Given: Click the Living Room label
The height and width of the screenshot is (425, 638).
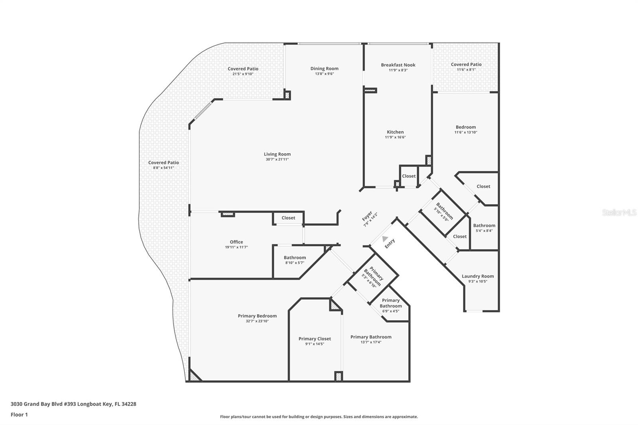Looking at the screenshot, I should pyautogui.click(x=277, y=154).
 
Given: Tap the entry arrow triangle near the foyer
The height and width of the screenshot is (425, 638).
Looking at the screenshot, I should pyautogui.click(x=385, y=239).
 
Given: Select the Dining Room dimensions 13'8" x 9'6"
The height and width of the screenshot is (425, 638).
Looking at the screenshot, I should pyautogui.click(x=324, y=74).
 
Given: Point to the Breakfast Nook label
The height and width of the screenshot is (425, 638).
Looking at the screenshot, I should pyautogui.click(x=398, y=65).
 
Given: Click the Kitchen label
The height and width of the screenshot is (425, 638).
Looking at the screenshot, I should pyautogui.click(x=395, y=132).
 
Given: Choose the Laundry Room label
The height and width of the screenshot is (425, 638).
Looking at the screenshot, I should pyautogui.click(x=478, y=276).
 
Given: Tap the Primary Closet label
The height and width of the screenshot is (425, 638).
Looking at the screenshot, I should pyautogui.click(x=315, y=339).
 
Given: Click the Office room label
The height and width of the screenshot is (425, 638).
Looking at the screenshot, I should pyautogui.click(x=236, y=242).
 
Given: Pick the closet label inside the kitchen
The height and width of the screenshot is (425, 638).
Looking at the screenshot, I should pyautogui.click(x=409, y=176).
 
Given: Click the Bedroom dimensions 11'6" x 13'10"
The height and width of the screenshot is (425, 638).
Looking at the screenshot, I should pyautogui.click(x=466, y=132).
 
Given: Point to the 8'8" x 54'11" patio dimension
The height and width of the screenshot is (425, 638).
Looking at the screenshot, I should pyautogui.click(x=163, y=168).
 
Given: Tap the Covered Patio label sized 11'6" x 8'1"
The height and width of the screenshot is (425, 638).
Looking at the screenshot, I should pyautogui.click(x=466, y=65).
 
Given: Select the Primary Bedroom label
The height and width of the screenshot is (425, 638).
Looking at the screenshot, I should pyautogui.click(x=257, y=316).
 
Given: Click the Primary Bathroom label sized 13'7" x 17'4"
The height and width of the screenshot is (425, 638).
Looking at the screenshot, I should pyautogui.click(x=371, y=337).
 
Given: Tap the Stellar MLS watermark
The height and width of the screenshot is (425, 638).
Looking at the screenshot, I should pyautogui.click(x=619, y=213).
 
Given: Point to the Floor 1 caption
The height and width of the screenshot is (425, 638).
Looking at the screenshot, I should pyautogui.click(x=19, y=415).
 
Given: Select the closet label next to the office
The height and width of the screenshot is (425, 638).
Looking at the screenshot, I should pyautogui.click(x=288, y=218).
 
